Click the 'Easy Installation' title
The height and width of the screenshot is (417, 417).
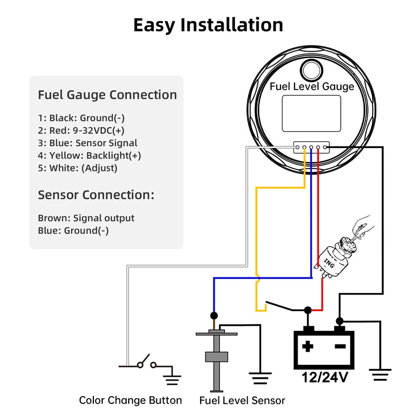(x=208, y=25)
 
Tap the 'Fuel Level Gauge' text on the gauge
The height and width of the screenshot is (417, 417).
(x=312, y=87)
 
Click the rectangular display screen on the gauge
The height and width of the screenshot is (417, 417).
(x=311, y=113)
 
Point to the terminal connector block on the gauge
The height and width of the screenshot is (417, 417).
(x=312, y=148)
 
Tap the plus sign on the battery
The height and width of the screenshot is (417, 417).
(x=308, y=346)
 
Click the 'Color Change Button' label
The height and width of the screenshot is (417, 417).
(x=130, y=400)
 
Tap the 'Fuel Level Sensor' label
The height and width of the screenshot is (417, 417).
(x=242, y=400)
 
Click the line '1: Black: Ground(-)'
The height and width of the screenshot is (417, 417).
(x=81, y=118)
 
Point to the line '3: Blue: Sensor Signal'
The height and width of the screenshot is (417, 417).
(x=88, y=143)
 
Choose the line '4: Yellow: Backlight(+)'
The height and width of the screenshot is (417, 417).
(x=89, y=155)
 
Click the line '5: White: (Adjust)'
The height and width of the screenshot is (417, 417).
(x=78, y=168)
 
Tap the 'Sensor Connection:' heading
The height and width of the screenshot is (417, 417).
(x=96, y=195)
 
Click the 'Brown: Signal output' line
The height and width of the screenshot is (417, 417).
(x=86, y=218)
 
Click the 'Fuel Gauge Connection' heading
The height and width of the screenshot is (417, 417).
(x=107, y=95)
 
